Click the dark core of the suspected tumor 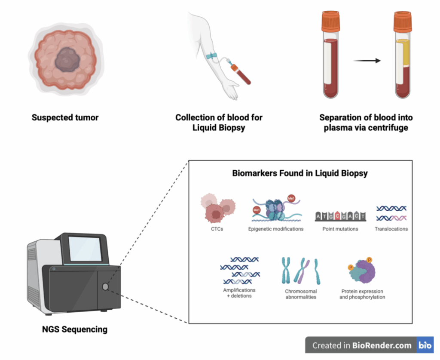(67, 59)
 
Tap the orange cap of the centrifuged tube (402, 22)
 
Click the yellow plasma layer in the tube (403, 53)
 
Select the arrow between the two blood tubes (367, 60)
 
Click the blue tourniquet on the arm (211, 55)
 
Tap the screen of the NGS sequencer (85, 249)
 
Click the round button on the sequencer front (106, 286)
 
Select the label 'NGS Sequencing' (75, 329)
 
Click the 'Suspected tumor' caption (65, 117)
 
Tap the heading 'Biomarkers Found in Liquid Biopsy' (299, 173)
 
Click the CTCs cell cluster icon (218, 208)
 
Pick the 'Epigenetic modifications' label (276, 229)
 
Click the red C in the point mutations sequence (337, 215)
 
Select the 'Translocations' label (391, 229)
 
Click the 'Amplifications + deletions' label (239, 293)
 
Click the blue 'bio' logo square (425, 345)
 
